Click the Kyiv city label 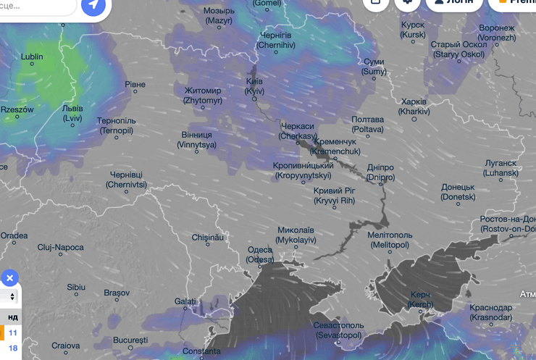pos(254,87)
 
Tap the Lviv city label pos(72,113)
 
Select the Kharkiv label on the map pos(414,106)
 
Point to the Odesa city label pos(260,254)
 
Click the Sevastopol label pos(339,330)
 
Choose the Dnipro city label pos(380,172)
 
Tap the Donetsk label pos(458,191)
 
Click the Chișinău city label pos(209,237)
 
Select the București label pos(130,340)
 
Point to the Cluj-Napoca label pos(61,247)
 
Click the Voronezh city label pos(497,33)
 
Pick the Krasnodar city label pos(490,312)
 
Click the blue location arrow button pos(93,6)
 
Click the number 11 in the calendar pos(13,332)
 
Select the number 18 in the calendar pos(13,348)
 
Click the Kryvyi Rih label pos(334,195)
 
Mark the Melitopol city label pos(389,240)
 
